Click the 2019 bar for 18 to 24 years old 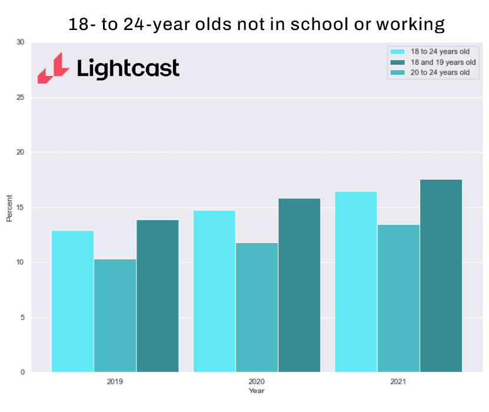(x=72, y=301)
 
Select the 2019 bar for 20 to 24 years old (x=115, y=315)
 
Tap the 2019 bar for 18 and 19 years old (x=157, y=295)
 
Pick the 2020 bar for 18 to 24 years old (x=214, y=291)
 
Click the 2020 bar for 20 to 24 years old (x=257, y=307)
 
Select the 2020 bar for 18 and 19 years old (x=299, y=285)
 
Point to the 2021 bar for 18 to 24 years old (x=356, y=281)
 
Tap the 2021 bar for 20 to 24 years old (x=398, y=298)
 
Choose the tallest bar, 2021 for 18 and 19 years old (x=441, y=275)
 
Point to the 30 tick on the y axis (x=21, y=42)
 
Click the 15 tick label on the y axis (x=21, y=207)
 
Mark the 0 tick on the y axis (x=22, y=372)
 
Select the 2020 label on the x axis (x=257, y=381)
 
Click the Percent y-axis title (x=9, y=207)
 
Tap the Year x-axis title (x=257, y=390)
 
